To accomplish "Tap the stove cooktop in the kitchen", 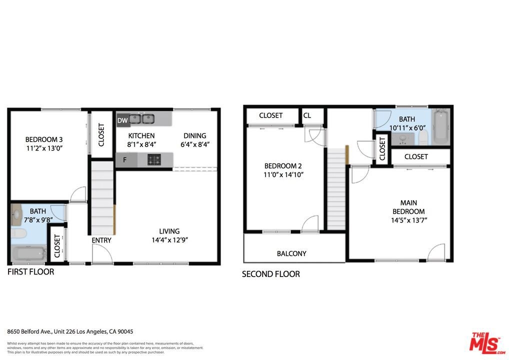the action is (154, 159).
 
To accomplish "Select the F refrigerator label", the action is (124, 159).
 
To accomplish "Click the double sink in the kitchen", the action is (142, 119).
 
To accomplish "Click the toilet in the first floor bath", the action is (18, 233).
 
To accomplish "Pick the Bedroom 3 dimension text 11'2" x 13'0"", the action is (44, 148).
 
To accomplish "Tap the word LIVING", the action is (169, 231).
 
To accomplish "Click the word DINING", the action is (195, 135).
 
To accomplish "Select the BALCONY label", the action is (291, 253).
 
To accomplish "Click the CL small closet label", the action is (307, 115).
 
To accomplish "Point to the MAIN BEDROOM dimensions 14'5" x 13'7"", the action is (408, 220).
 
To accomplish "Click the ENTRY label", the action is (101, 240).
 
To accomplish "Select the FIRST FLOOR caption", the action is (31, 271).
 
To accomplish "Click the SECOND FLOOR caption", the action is (270, 274).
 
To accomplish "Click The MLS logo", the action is (487, 343).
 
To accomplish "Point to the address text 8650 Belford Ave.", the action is (29, 331).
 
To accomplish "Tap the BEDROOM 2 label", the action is (283, 166).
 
